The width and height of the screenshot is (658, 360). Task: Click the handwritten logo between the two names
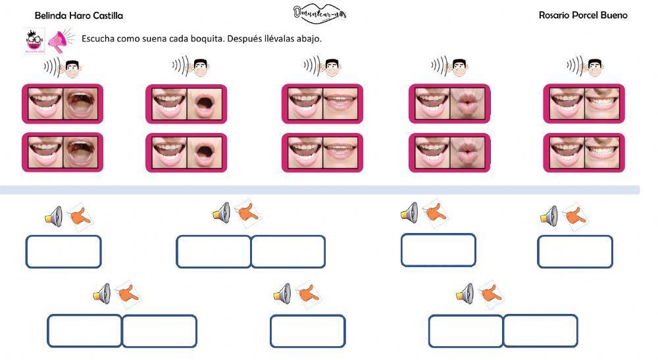320,13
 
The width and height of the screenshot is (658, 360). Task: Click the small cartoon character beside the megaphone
32,41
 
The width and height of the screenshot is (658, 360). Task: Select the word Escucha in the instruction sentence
97,39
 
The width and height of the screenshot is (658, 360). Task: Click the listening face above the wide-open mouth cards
72,67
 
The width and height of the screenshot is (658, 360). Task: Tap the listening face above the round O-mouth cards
200,66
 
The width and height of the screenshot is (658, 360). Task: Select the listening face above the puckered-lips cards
459,66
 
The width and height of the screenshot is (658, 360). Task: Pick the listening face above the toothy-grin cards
594,66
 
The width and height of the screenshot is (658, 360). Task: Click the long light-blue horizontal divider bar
320,190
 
